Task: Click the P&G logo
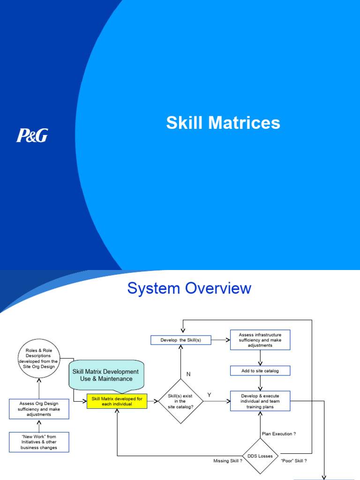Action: (x=32, y=135)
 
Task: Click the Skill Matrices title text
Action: (x=223, y=123)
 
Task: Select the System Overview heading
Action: (x=189, y=288)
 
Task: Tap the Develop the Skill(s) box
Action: (x=181, y=340)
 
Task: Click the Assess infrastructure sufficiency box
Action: (x=260, y=340)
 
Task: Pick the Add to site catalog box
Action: (x=260, y=371)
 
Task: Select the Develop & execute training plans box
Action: (x=260, y=401)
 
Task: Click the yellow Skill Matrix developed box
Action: (x=117, y=401)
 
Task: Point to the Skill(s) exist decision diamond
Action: (x=180, y=401)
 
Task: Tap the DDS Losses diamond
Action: (x=260, y=456)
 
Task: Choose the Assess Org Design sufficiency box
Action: (x=39, y=409)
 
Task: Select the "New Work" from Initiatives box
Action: (x=39, y=442)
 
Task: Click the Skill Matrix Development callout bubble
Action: (x=105, y=375)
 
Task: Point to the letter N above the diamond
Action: (x=188, y=374)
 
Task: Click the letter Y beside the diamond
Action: (x=209, y=395)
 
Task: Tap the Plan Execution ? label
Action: (x=278, y=434)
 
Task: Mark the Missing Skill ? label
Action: (x=228, y=461)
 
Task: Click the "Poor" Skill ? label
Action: (x=293, y=461)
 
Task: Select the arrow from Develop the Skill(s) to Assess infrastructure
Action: (x=220, y=340)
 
